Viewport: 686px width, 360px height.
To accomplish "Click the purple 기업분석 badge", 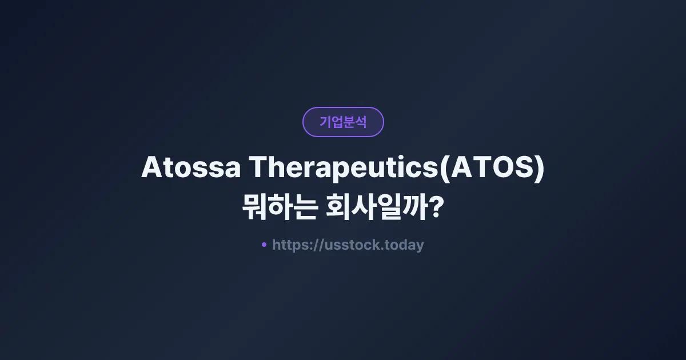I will click(x=343, y=122).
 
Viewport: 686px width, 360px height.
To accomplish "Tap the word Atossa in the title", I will click(x=190, y=168).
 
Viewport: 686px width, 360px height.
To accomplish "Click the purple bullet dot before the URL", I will click(x=264, y=245).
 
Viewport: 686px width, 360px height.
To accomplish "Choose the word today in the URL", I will click(x=404, y=245).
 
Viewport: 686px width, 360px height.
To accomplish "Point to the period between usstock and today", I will click(x=382, y=249).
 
